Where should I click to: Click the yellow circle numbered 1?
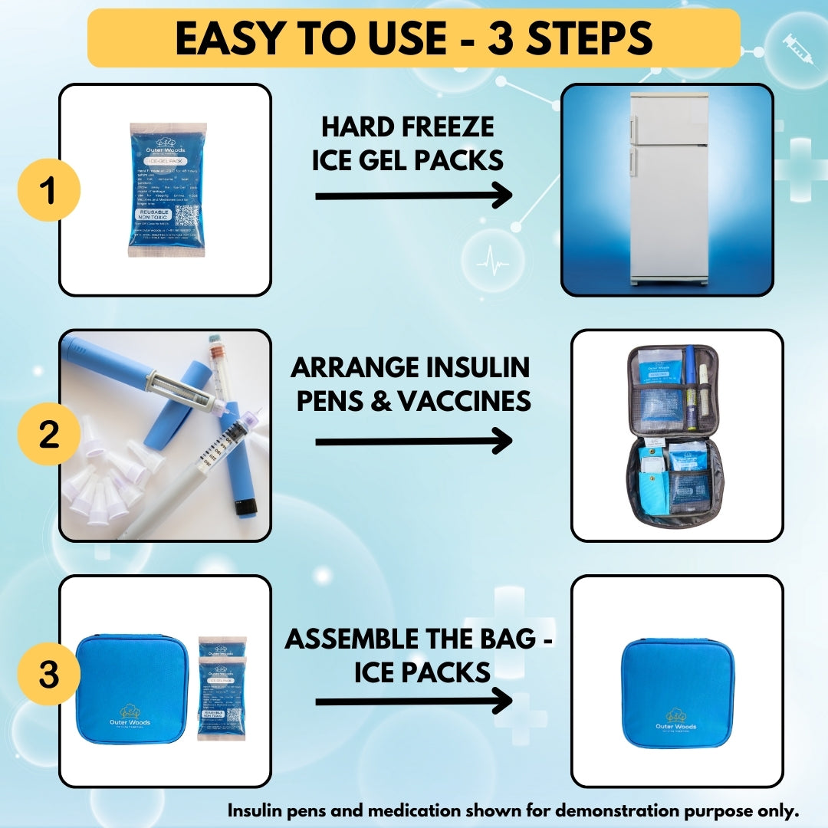pos(48,189)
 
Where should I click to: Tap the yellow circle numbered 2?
pos(48,435)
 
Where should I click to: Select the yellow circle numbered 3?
pos(48,675)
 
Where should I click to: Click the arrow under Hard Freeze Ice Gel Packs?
pos(414,196)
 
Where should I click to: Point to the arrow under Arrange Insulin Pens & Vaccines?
pos(414,441)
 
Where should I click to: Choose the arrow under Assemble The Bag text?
pos(414,701)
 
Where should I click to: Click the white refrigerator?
pos(666,189)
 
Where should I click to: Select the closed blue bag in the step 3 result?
pos(677,692)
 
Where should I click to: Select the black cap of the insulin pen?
pos(246,506)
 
